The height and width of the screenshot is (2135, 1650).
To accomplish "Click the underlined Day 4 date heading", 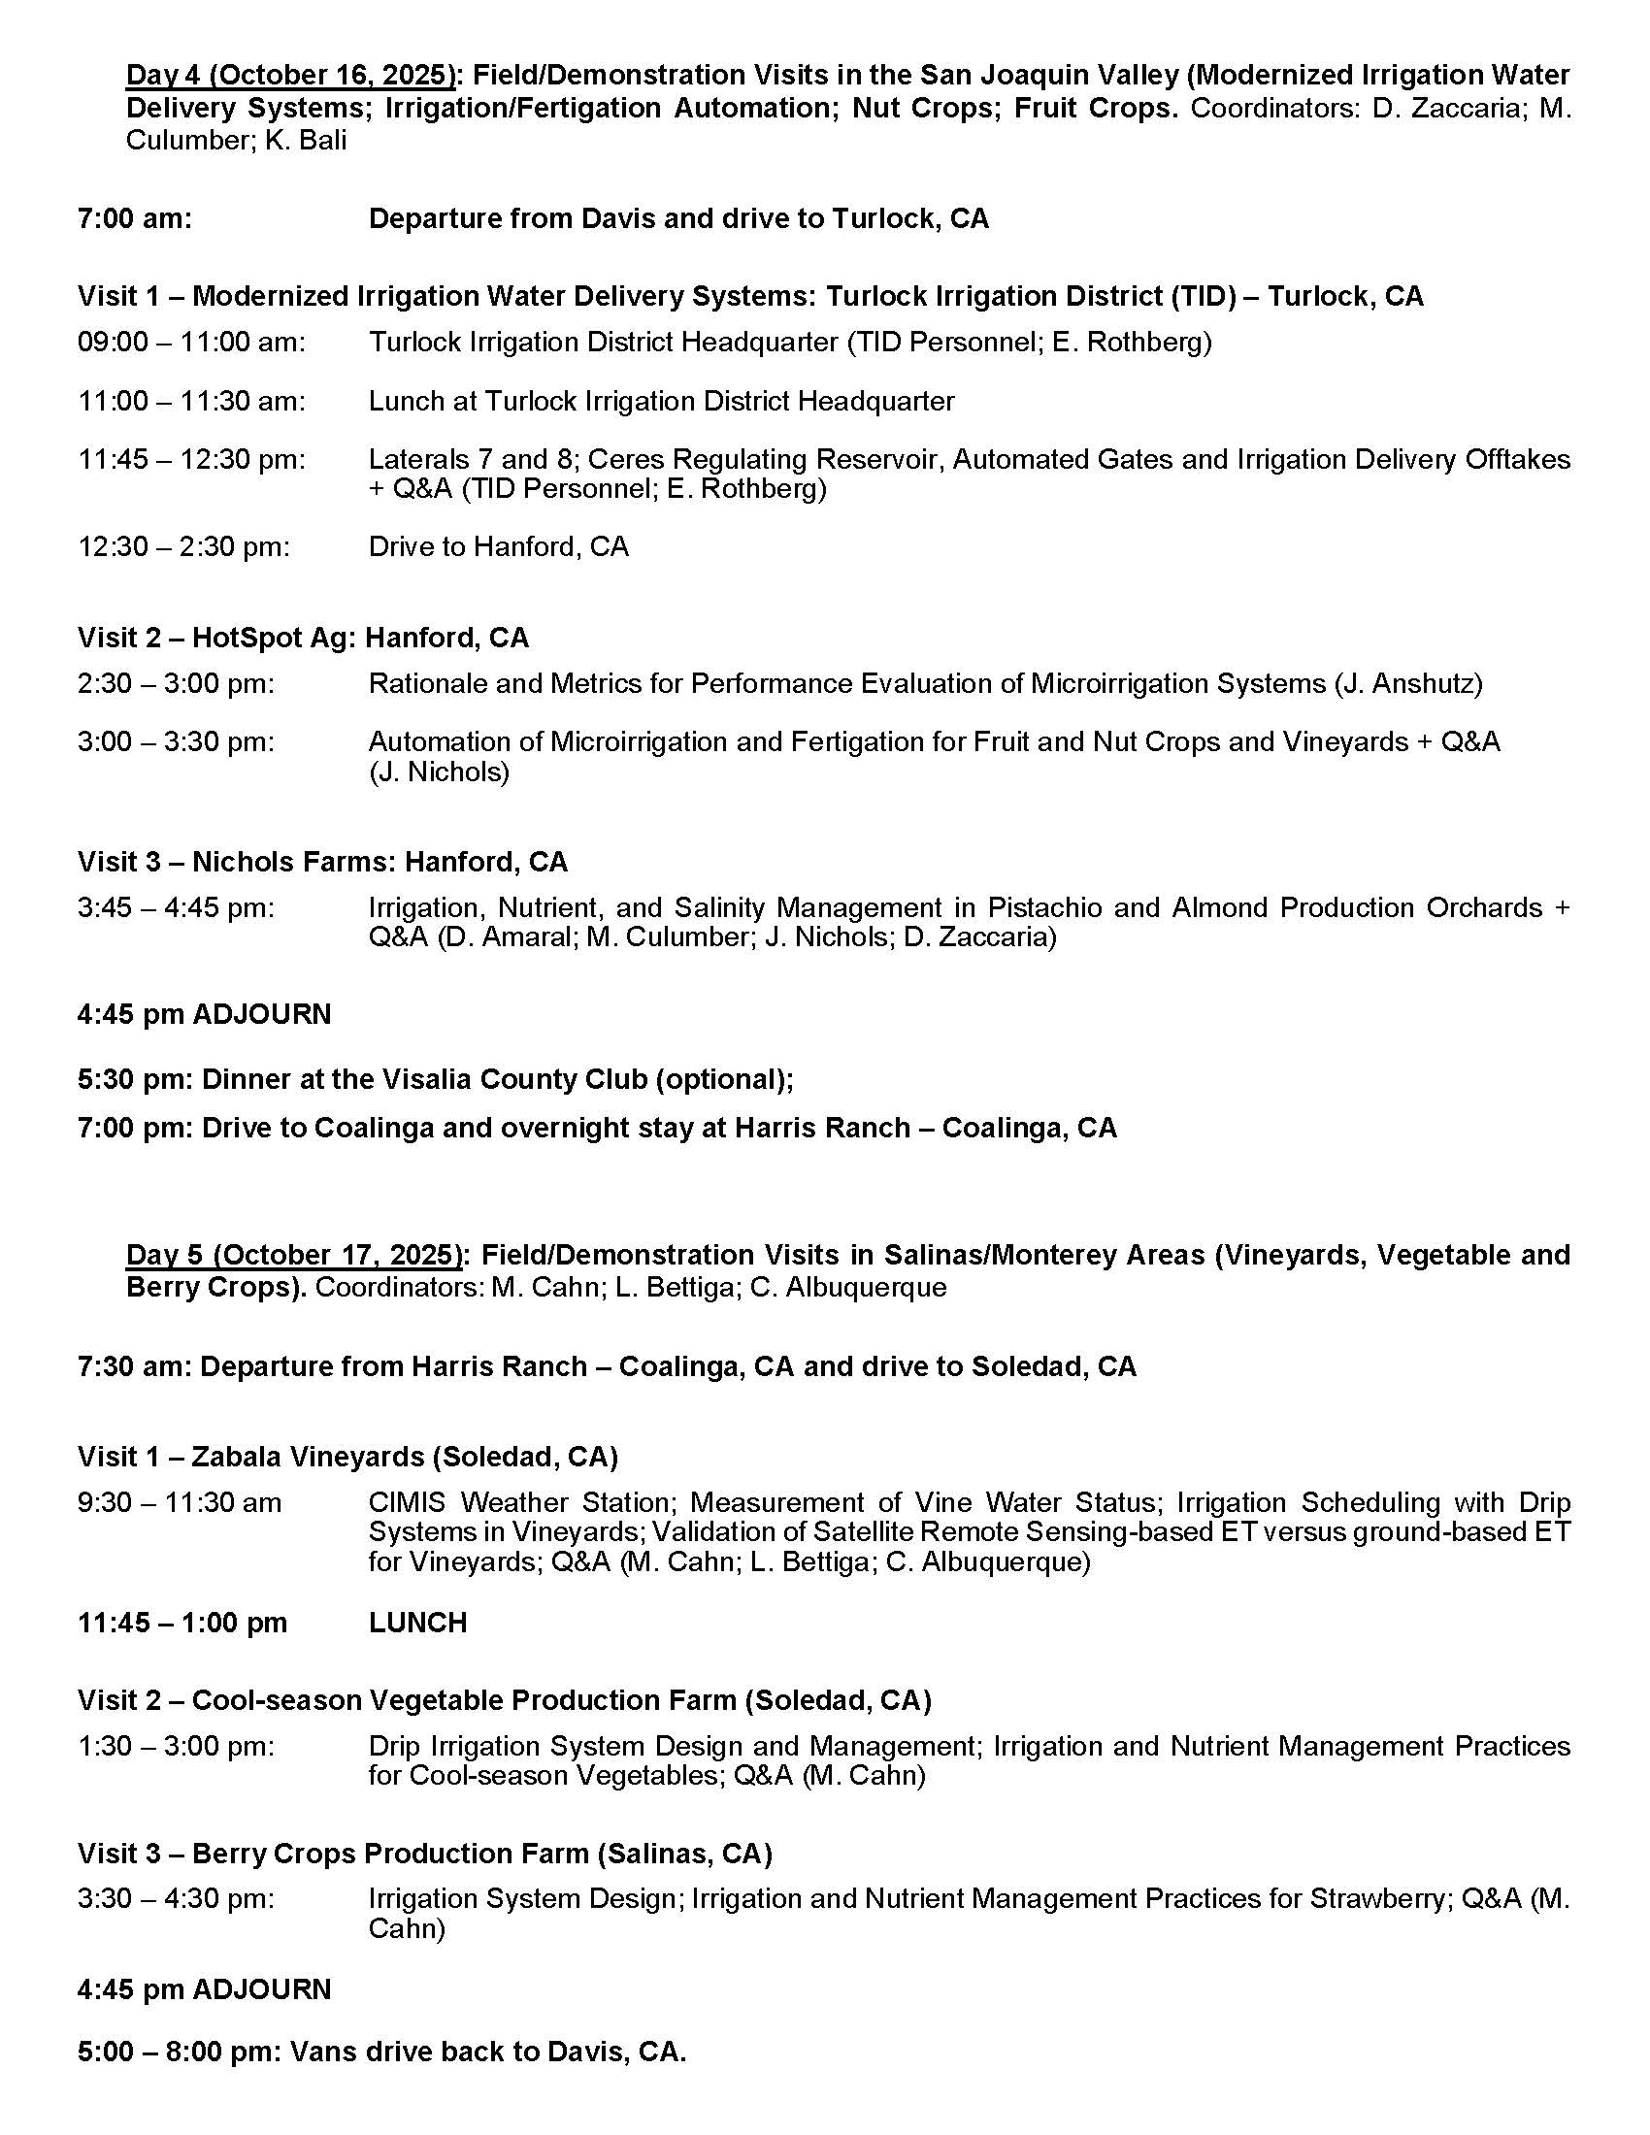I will click(x=291, y=76).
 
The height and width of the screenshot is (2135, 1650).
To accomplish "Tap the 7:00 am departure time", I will click(x=135, y=218).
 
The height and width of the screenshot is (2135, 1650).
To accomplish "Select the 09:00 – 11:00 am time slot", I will click(x=191, y=343).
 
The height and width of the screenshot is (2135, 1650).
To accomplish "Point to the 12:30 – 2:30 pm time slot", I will click(x=183, y=546).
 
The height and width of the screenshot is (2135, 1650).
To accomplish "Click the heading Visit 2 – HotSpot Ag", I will click(x=303, y=638).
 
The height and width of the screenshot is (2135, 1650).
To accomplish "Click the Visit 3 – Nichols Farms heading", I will click(x=322, y=861).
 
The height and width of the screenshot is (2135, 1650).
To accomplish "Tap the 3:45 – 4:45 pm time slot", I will click(x=176, y=907).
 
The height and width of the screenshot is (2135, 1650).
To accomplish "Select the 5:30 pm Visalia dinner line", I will click(x=435, y=1078).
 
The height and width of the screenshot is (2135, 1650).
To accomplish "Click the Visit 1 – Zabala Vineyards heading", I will click(x=348, y=1457).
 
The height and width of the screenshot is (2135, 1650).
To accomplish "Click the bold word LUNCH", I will click(x=417, y=1623).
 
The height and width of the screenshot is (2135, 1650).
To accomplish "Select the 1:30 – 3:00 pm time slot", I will click(x=176, y=1746).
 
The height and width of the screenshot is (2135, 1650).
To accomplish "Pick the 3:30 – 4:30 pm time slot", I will click(x=176, y=1898).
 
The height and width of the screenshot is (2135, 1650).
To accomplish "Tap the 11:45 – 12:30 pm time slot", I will click(x=191, y=459).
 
